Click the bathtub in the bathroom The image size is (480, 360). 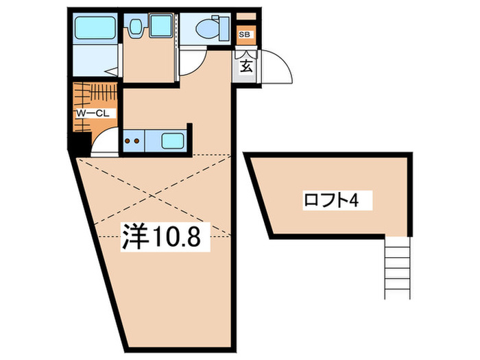95,29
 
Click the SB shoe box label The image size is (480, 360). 244,34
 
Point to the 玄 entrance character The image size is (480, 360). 245,67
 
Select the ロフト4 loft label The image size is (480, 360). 331,201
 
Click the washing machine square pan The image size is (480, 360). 161,27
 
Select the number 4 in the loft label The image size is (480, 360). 354,201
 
